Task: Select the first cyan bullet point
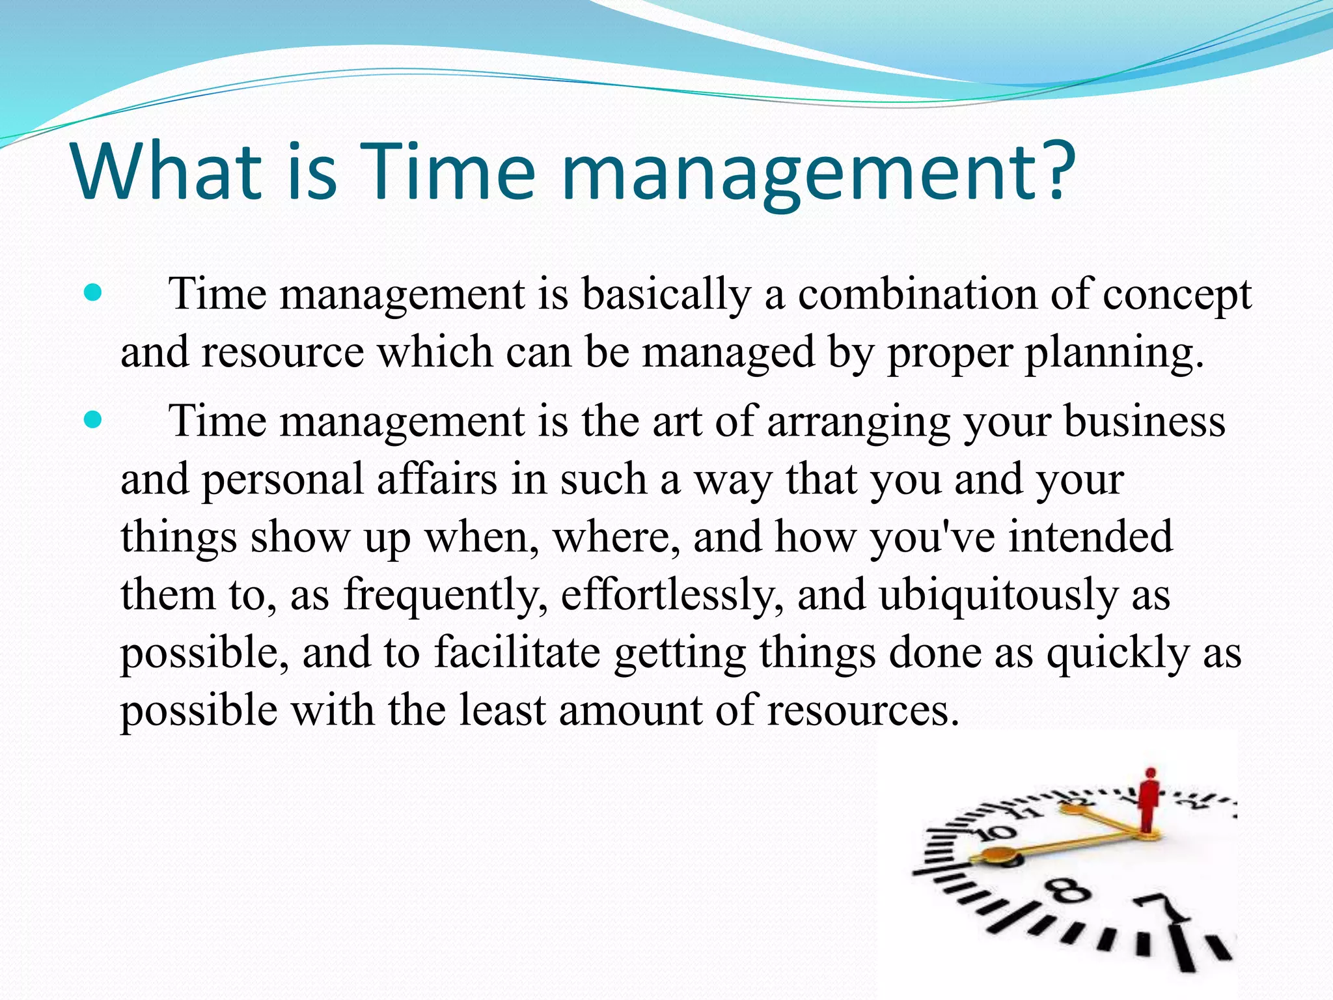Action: point(94,294)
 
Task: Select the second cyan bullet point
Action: point(94,421)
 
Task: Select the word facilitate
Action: point(517,652)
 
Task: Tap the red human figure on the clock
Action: point(1149,799)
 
